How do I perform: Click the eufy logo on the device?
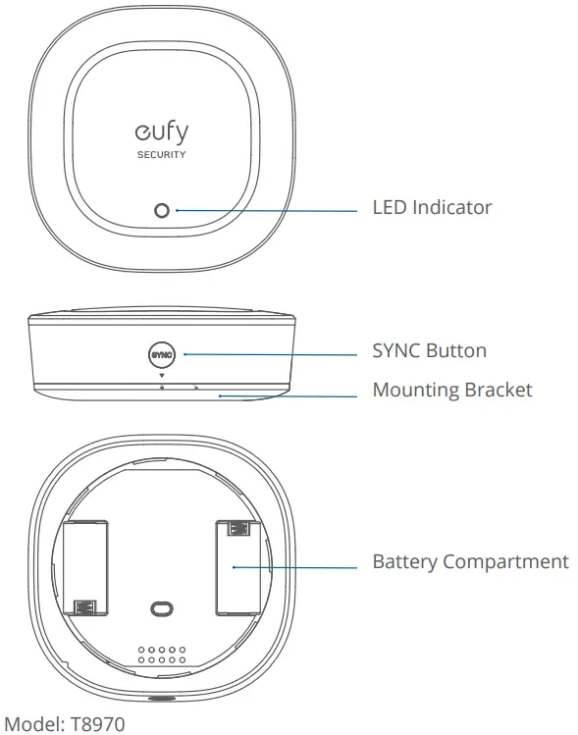[x=160, y=131]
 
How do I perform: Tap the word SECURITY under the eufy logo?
[x=161, y=155]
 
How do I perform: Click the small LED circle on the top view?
[x=162, y=211]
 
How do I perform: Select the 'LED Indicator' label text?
[x=432, y=208]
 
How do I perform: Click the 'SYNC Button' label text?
[x=429, y=350]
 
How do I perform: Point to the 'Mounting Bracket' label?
[x=451, y=391]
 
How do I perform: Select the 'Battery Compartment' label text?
[x=470, y=562]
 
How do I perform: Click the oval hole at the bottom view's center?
[x=161, y=609]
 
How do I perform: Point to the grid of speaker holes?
[x=161, y=656]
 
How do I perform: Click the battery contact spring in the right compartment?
[x=236, y=529]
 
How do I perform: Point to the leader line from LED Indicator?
[x=265, y=210]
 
